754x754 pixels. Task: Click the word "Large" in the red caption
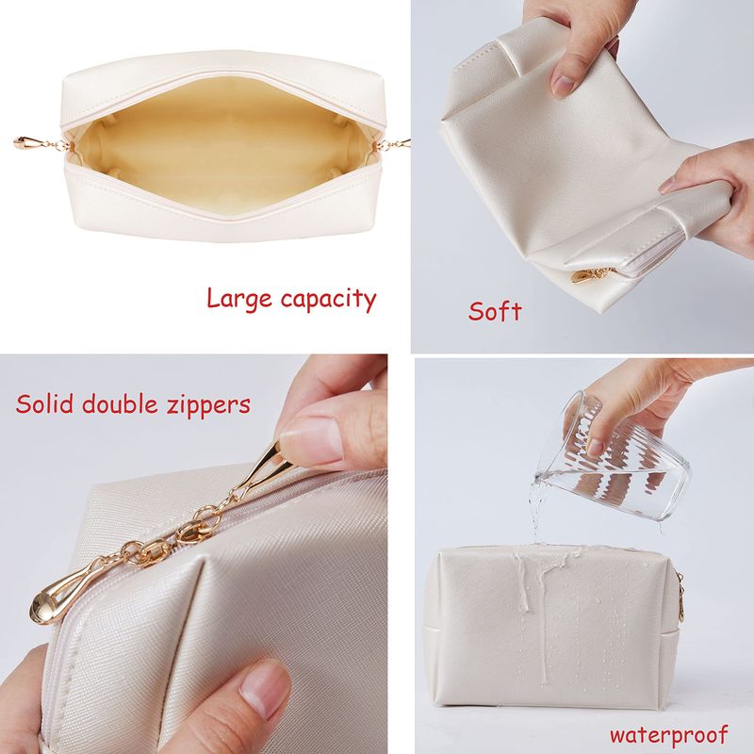pos(239,299)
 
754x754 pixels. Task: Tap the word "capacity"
pos(328,301)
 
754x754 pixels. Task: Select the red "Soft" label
pos(495,311)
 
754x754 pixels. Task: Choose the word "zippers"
pos(208,406)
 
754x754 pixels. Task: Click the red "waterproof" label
pos(669,735)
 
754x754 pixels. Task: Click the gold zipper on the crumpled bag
pos(591,275)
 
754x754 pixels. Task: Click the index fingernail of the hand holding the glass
pos(595,448)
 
